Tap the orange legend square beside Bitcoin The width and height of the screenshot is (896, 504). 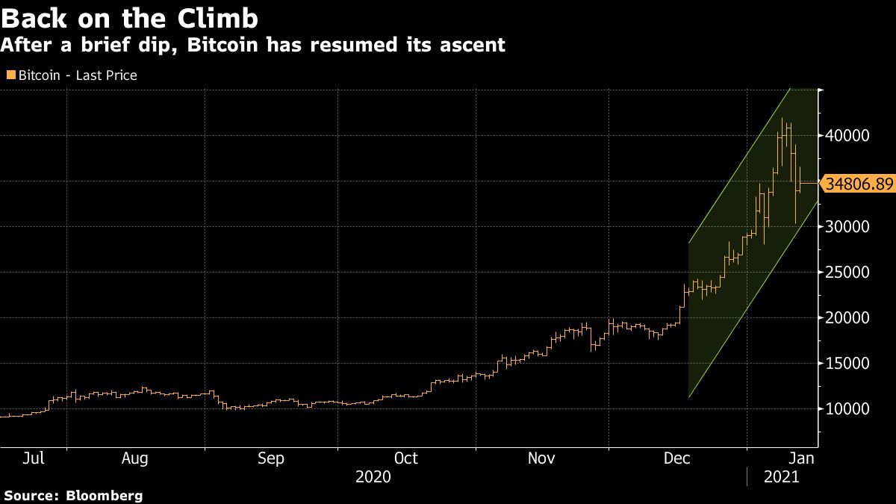tap(10, 75)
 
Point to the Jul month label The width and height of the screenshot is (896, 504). tap(34, 458)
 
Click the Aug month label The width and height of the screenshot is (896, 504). tap(135, 458)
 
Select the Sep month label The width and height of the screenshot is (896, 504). tap(270, 458)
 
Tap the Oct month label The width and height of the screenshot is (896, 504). tap(405, 458)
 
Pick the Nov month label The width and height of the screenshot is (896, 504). tap(541, 458)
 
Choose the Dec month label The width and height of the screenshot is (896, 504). tap(677, 458)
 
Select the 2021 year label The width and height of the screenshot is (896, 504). tap(781, 476)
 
